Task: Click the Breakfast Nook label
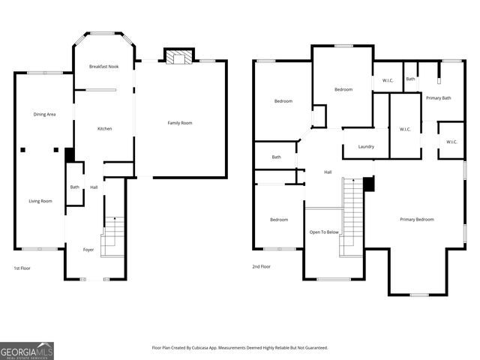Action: click(103, 67)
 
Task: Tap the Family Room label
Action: click(180, 122)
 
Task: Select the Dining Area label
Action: click(45, 114)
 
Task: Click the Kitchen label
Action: click(105, 128)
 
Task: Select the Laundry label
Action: click(366, 146)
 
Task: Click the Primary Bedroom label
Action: click(416, 219)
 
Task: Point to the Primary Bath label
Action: click(438, 97)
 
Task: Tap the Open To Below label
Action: click(324, 232)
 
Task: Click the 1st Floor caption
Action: click(22, 267)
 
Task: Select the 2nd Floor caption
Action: click(261, 266)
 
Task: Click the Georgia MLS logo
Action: click(27, 350)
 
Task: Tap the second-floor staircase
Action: click(352, 217)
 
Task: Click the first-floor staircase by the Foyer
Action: click(112, 234)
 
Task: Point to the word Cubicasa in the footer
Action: click(224, 348)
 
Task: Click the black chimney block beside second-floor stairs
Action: click(367, 184)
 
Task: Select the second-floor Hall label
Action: click(328, 172)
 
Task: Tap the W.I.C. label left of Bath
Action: click(388, 80)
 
